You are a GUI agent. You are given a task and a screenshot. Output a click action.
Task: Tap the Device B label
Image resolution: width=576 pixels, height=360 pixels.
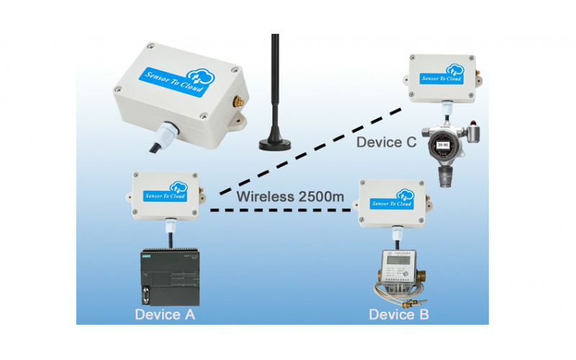(x=400, y=314)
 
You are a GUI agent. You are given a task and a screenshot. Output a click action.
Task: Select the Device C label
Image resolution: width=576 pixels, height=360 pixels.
(x=387, y=143)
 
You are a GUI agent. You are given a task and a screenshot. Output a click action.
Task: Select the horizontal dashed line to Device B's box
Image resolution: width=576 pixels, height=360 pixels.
(x=281, y=210)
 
